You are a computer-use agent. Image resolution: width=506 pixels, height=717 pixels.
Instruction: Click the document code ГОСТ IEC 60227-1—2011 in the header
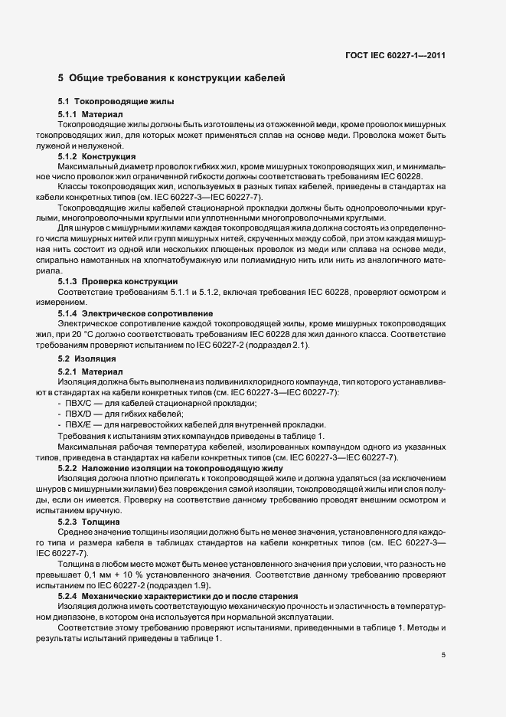(395, 54)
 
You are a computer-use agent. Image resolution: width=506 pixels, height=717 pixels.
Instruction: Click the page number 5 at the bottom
(443, 654)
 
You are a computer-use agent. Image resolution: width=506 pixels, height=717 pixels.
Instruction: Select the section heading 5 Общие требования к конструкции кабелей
(171, 77)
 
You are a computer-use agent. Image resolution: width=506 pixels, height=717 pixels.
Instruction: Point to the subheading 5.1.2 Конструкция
(96, 156)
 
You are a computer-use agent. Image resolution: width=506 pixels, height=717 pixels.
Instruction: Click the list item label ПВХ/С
(80, 404)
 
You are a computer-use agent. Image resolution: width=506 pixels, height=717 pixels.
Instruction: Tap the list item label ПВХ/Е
(80, 425)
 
